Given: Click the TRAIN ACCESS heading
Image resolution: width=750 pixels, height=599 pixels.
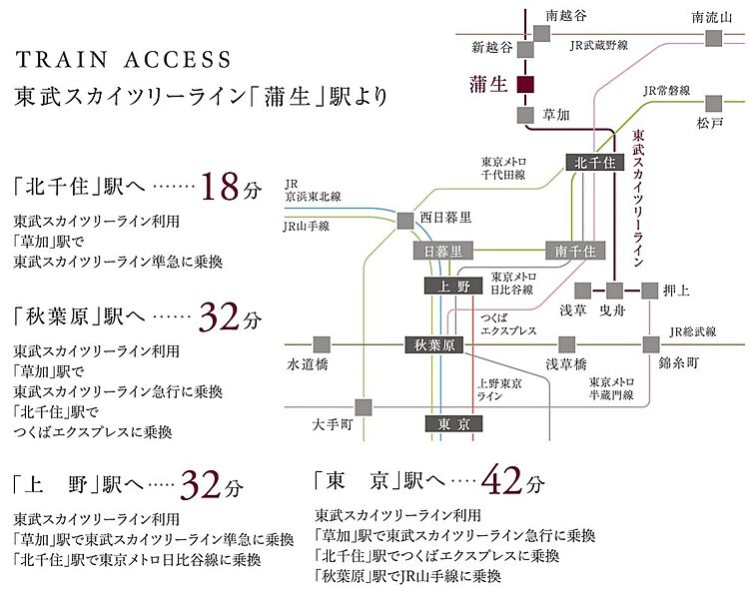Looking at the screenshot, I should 123,59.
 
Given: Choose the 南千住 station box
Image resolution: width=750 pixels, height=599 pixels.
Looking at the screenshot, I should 570,250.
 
